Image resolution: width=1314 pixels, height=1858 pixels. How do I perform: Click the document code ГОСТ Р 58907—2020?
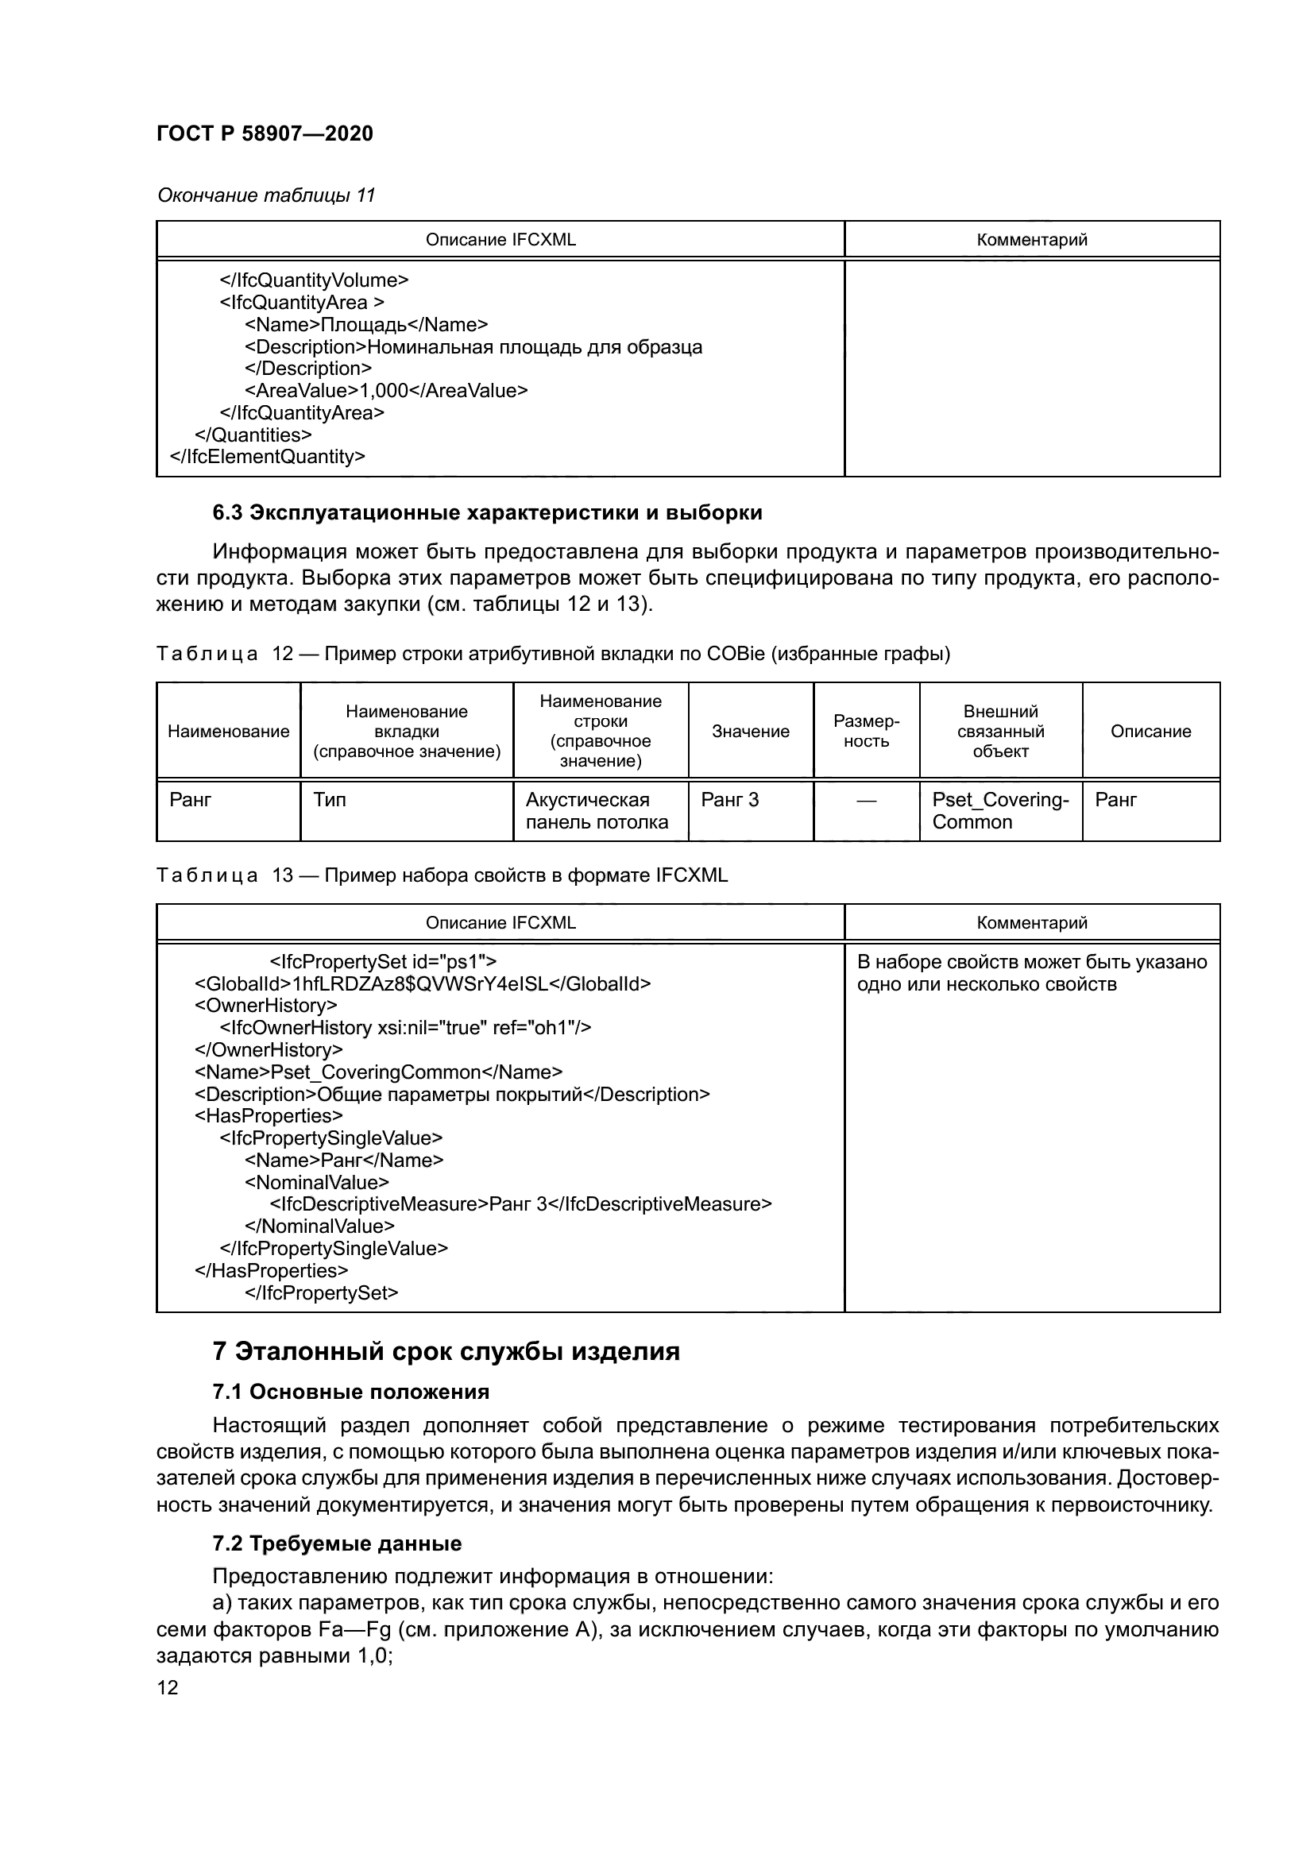[265, 133]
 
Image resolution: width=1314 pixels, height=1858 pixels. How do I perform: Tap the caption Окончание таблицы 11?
[266, 195]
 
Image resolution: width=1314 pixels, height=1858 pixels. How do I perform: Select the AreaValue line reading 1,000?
[386, 391]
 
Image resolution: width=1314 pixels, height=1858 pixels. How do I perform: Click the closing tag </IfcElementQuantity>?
[267, 457]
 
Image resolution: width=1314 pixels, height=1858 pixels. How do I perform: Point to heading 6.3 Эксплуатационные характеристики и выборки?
[487, 512]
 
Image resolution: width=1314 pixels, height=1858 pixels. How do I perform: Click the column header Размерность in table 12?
[866, 731]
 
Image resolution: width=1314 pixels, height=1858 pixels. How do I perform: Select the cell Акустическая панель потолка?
[597, 811]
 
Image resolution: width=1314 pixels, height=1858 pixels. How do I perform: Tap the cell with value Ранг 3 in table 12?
[730, 800]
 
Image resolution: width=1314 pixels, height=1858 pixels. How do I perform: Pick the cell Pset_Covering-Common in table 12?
[1000, 811]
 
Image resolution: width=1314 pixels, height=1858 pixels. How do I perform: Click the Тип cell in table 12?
[330, 800]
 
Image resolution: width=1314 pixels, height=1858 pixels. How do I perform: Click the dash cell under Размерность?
[866, 800]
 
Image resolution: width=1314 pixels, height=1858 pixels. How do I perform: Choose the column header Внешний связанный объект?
[1000, 731]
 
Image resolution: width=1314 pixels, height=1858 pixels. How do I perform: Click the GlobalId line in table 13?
[423, 984]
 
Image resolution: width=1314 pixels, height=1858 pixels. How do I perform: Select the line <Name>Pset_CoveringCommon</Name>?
[378, 1072]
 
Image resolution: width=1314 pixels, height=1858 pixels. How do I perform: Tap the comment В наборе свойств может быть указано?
[1032, 962]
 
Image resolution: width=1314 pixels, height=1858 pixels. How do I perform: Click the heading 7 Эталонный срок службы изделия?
[446, 1351]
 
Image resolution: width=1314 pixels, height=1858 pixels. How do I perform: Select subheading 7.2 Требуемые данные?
[337, 1543]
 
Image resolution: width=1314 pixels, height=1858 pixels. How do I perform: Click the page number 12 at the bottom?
[168, 1687]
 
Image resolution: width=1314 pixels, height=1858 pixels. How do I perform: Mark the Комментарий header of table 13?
[1032, 922]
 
